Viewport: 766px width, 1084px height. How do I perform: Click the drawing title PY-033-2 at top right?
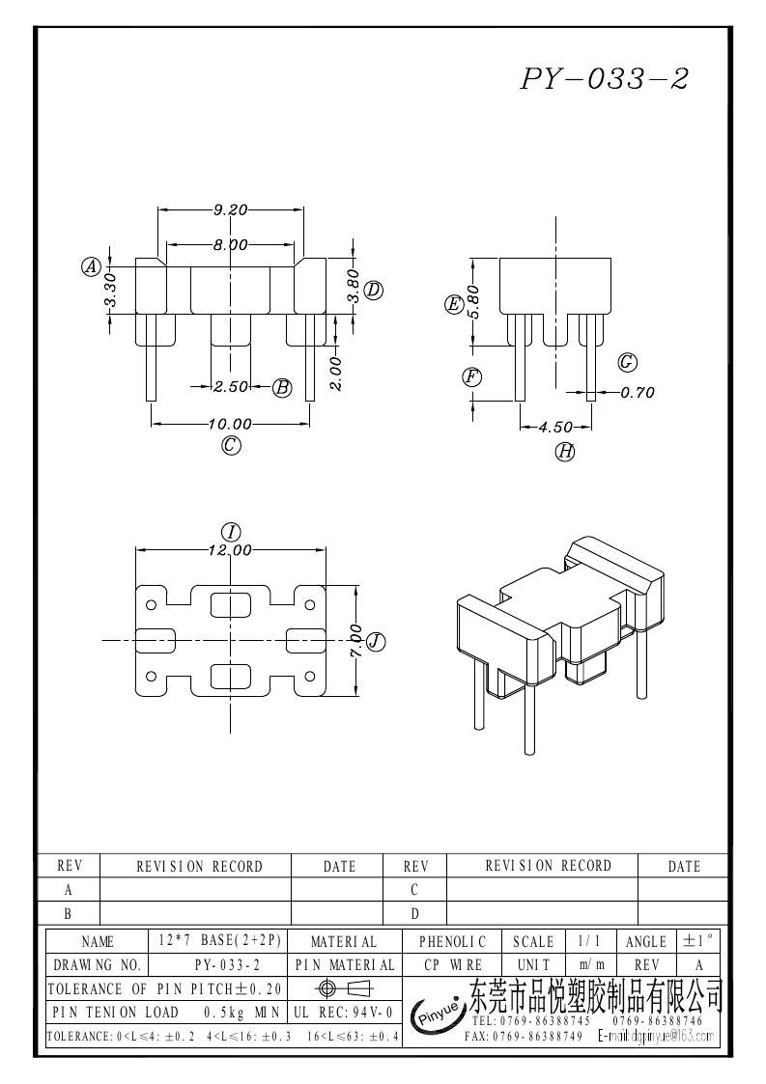[604, 79]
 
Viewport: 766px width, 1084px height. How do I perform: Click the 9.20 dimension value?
[231, 209]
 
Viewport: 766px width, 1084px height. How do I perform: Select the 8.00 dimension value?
[231, 245]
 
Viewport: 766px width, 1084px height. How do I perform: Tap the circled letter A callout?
[92, 266]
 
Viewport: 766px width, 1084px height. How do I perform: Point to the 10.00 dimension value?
[231, 424]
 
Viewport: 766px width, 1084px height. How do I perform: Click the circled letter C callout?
[231, 445]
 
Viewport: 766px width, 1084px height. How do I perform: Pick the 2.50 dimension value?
[231, 386]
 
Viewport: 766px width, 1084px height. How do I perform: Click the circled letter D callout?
[374, 290]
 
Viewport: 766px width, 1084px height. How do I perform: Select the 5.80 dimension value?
[473, 301]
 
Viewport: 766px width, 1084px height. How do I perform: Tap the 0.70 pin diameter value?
[638, 393]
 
